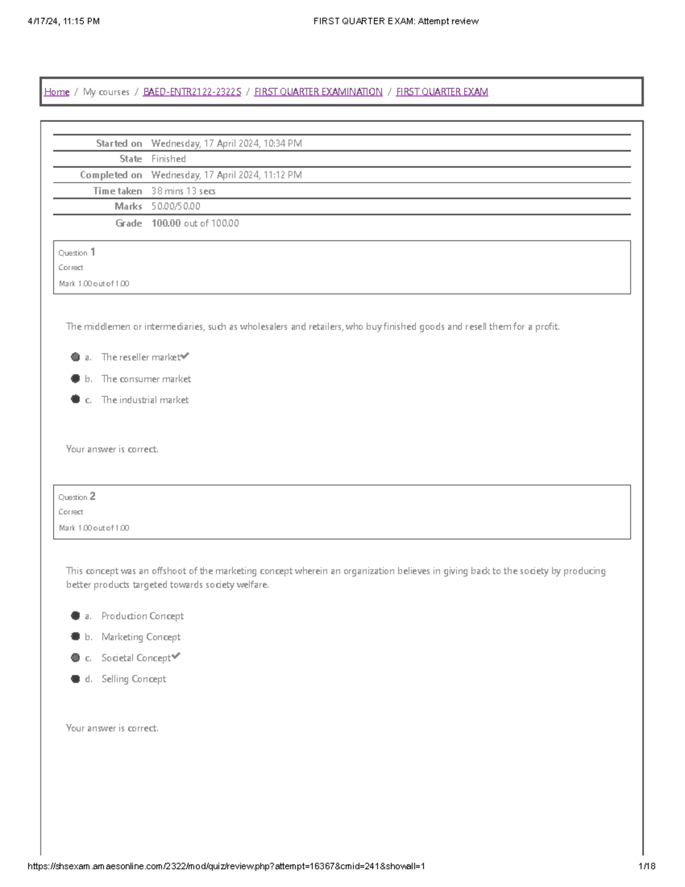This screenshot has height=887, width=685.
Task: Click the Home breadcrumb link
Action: [57, 92]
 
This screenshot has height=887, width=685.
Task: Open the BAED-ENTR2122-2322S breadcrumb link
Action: [192, 92]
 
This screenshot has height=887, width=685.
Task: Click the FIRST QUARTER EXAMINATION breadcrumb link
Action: [318, 92]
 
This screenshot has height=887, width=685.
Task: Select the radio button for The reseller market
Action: [75, 357]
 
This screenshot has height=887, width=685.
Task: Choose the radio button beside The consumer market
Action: [75, 379]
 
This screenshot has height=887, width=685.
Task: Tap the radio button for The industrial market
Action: [75, 399]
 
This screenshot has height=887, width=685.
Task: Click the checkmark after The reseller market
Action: [185, 356]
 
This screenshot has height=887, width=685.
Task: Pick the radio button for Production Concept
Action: [75, 616]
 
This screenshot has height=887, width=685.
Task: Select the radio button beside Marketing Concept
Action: [75, 636]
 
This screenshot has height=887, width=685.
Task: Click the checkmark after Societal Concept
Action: [176, 656]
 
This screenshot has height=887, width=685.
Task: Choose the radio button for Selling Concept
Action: [75, 679]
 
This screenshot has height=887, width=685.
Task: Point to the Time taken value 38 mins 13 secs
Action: [183, 191]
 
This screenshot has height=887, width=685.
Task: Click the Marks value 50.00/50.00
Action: [175, 206]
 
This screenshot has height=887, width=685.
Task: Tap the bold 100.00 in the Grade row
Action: [166, 223]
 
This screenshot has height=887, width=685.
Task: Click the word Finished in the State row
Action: [168, 159]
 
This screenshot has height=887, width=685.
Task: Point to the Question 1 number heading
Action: [76, 252]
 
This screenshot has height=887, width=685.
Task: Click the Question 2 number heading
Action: [76, 497]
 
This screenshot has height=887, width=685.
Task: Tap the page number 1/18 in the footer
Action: [647, 866]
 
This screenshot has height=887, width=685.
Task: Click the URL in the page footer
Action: [226, 866]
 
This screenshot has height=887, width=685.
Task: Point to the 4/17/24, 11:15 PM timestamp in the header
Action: [63, 21]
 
